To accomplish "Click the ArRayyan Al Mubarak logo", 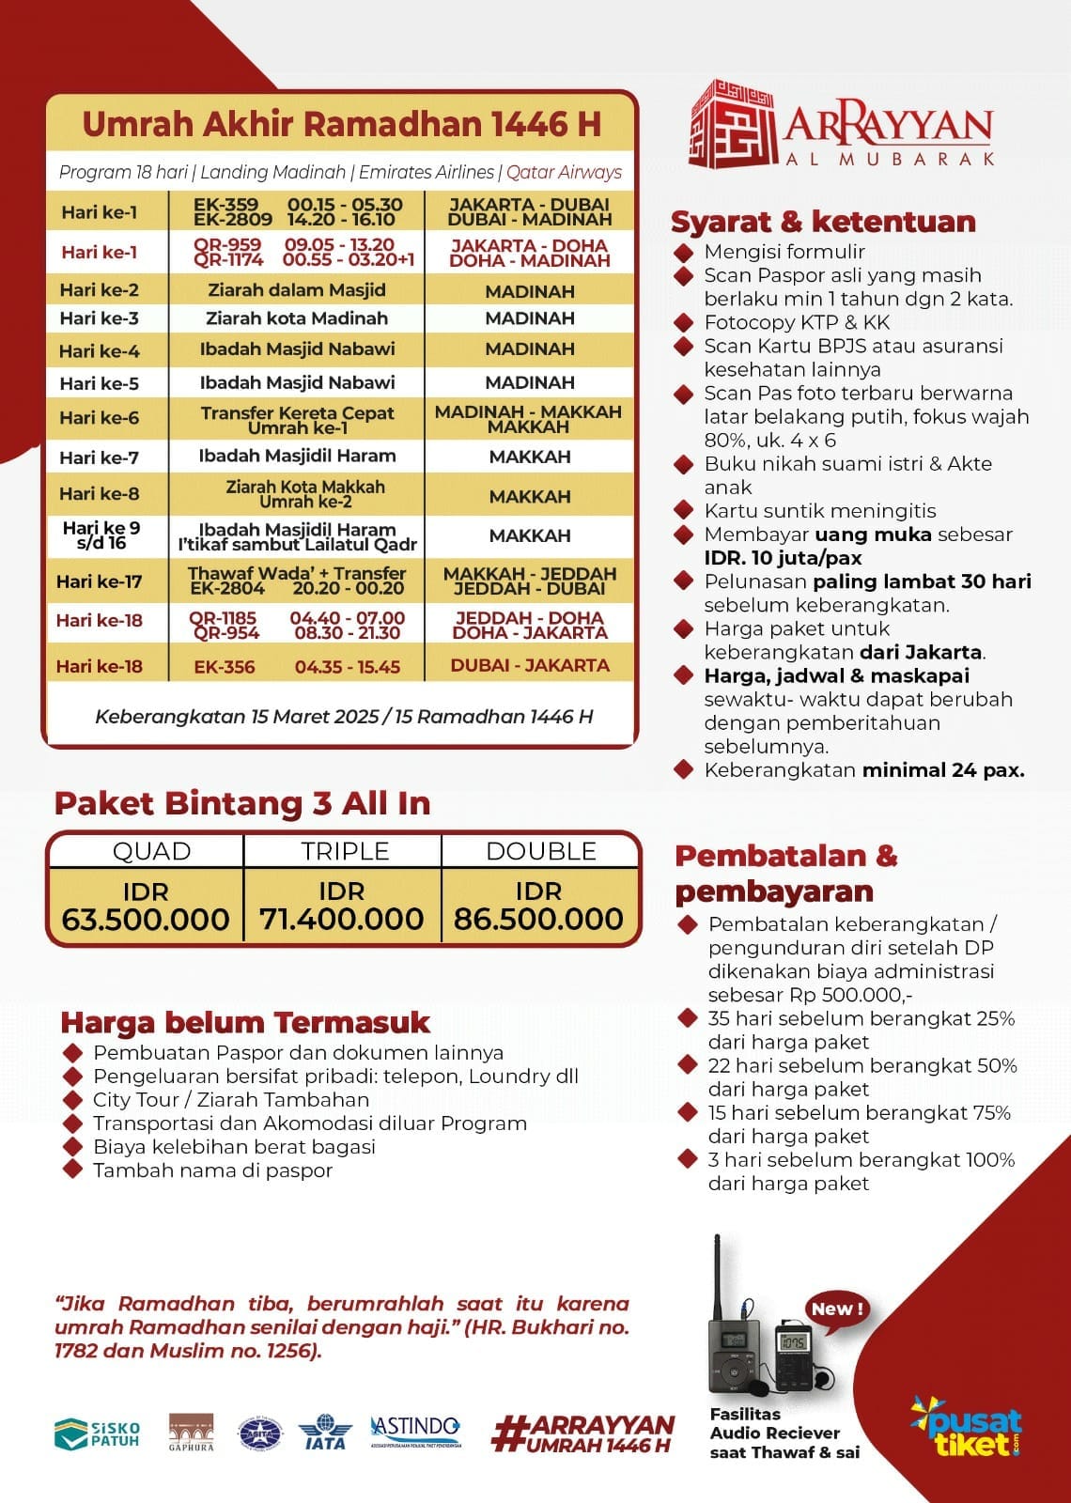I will coord(842,125).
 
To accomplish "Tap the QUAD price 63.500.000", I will coord(146,919).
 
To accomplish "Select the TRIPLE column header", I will coord(345,851).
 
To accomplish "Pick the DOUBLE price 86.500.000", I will coord(538,919).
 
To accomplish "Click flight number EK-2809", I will coord(232,220).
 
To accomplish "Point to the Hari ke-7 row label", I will coord(99,458).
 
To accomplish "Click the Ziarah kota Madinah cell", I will coord(297,318).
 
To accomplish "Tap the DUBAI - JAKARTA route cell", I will coord(530,665).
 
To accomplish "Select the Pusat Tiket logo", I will coord(967,1425).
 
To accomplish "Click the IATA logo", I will coord(325,1433).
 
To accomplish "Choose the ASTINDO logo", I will coord(416,1431).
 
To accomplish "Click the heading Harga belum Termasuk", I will coord(244,1022).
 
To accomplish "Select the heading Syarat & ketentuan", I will coord(823,222).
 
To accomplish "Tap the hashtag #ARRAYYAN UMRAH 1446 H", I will coord(583,1433).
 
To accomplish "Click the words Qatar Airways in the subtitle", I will coord(564,172).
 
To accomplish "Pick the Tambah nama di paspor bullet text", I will coord(212,1170).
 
